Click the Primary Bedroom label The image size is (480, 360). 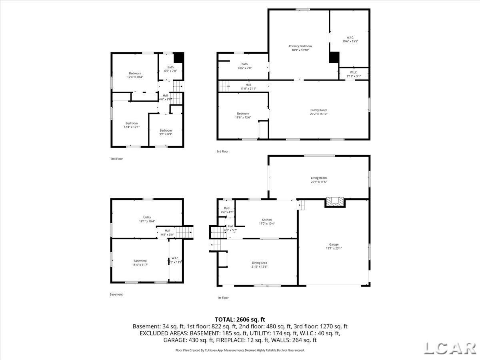coord(300,46)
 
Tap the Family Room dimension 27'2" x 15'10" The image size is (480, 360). coord(318,114)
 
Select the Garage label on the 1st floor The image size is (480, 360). coord(334,244)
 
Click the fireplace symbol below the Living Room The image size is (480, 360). coord(334,202)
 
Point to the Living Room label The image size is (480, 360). coord(319,178)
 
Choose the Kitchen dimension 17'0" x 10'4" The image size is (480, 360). coord(267,224)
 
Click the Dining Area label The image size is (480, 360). coord(259,263)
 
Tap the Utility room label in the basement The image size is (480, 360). coord(147,217)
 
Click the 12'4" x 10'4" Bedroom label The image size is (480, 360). coord(135,73)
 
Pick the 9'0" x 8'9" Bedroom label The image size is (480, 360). coord(166,130)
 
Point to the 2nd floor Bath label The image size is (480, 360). coord(170,67)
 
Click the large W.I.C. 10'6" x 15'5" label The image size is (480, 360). coord(350,37)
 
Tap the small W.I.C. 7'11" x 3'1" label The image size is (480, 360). coord(354,72)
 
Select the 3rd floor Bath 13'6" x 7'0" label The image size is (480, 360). coord(244,64)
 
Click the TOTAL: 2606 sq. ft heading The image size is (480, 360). coord(240,319)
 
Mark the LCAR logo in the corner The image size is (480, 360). coord(449,347)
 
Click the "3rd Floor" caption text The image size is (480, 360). coord(222,152)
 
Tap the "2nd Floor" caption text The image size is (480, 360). coord(116,159)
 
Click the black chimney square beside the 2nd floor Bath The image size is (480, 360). coord(179,57)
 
